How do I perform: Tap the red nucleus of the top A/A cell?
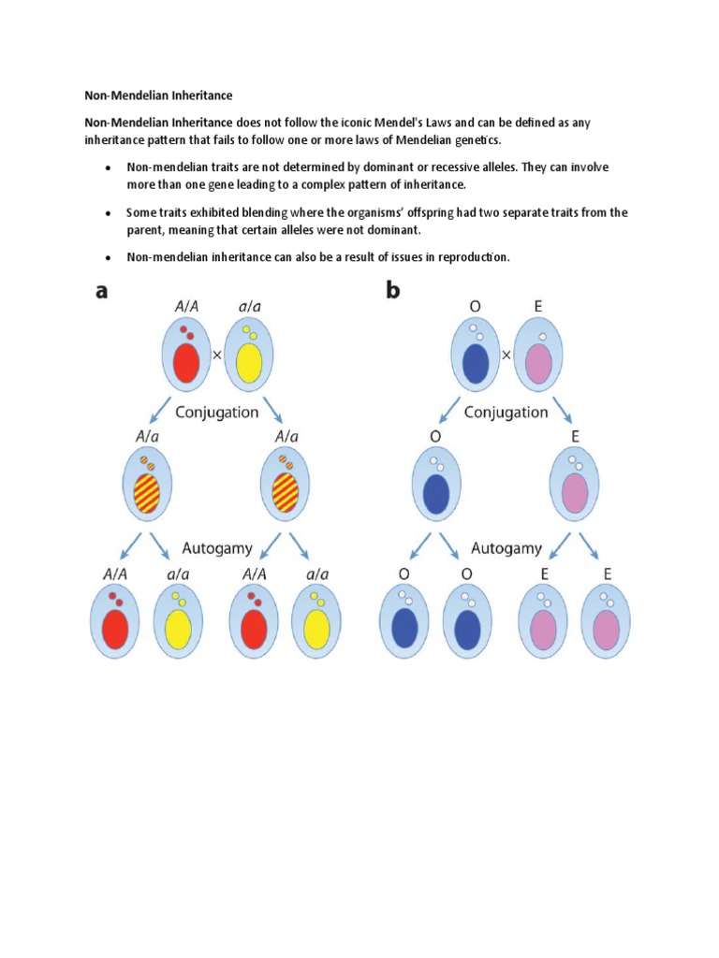pyautogui.click(x=185, y=362)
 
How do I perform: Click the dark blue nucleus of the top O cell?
pyautogui.click(x=476, y=363)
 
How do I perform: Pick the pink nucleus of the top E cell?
pyautogui.click(x=539, y=363)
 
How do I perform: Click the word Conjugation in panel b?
pyautogui.click(x=506, y=412)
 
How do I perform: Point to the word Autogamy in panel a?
pyautogui.click(x=217, y=548)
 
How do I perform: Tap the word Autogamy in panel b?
pyautogui.click(x=506, y=548)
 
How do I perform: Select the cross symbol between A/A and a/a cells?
pyautogui.click(x=216, y=356)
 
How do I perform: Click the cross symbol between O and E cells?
pyautogui.click(x=506, y=356)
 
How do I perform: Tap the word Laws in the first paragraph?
pyautogui.click(x=485, y=123)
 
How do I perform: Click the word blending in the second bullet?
pyautogui.click(x=267, y=212)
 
